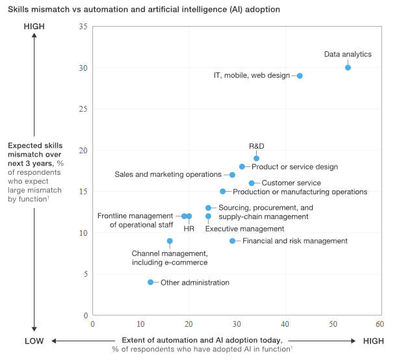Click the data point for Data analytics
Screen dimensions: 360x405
point(348,68)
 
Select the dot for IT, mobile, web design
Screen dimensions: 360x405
point(300,76)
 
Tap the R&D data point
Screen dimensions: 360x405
point(256,159)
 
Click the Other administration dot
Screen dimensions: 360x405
point(150,282)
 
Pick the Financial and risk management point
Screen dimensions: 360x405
point(232,241)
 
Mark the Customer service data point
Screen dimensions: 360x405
point(252,183)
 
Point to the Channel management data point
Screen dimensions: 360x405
point(170,241)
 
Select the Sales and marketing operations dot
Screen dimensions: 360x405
point(232,175)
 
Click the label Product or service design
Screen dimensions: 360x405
point(294,167)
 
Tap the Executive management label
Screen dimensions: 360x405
point(244,229)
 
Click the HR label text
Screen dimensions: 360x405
point(189,229)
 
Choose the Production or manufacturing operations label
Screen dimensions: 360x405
point(300,192)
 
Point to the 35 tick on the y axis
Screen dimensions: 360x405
point(82,27)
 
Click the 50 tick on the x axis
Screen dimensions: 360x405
point(332,324)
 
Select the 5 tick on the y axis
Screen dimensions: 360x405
point(84,274)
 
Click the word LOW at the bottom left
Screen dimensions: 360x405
point(34,341)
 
